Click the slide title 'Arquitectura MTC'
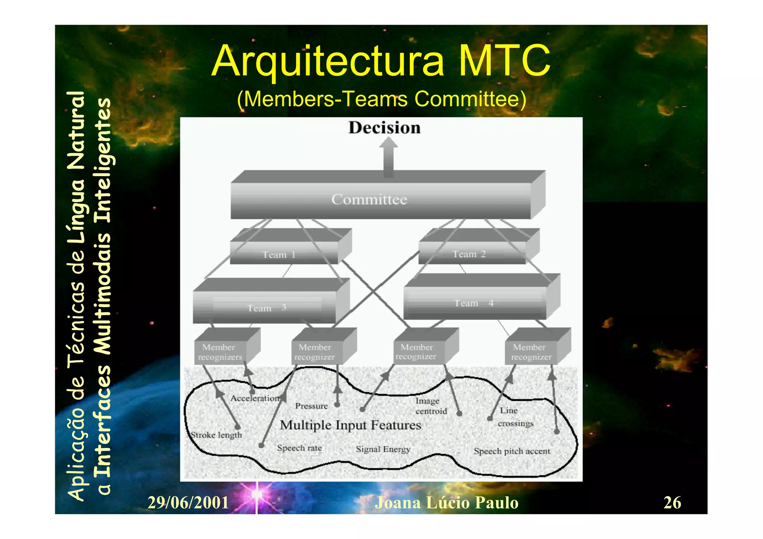tap(381, 61)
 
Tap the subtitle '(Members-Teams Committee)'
tap(381, 99)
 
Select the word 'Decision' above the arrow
tap(384, 128)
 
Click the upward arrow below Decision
tap(388, 156)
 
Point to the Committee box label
tap(369, 200)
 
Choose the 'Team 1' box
tap(279, 255)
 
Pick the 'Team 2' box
tap(469, 254)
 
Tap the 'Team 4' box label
tap(473, 303)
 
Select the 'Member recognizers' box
tap(220, 352)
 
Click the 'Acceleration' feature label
tap(254, 398)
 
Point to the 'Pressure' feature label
tap(311, 406)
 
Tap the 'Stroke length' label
tap(216, 435)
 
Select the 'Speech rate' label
tap(299, 448)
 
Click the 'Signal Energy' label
tap(383, 449)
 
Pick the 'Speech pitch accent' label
tap(512, 451)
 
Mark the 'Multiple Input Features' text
tap(350, 425)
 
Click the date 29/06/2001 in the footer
tap(188, 503)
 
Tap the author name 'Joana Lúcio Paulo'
tap(446, 503)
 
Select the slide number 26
tap(672, 503)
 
